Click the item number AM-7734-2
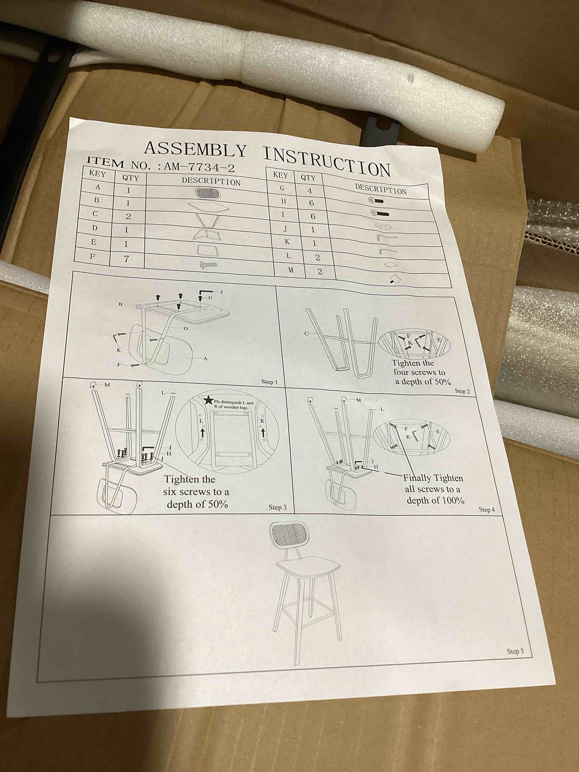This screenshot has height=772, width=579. pyautogui.click(x=199, y=167)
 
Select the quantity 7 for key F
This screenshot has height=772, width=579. pyautogui.click(x=126, y=259)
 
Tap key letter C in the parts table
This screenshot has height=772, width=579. pyautogui.click(x=95, y=214)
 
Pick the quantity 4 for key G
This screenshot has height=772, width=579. pyautogui.click(x=309, y=191)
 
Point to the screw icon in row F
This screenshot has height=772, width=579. pyautogui.click(x=208, y=265)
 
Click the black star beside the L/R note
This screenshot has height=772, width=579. pyautogui.click(x=208, y=400)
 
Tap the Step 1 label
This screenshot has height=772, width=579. pyautogui.click(x=269, y=382)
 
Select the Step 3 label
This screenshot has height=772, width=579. pyautogui.click(x=277, y=507)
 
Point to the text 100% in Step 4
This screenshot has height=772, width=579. pyautogui.click(x=451, y=501)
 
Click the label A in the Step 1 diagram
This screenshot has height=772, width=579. pyautogui.click(x=205, y=358)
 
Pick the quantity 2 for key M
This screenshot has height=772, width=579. pyautogui.click(x=320, y=272)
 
